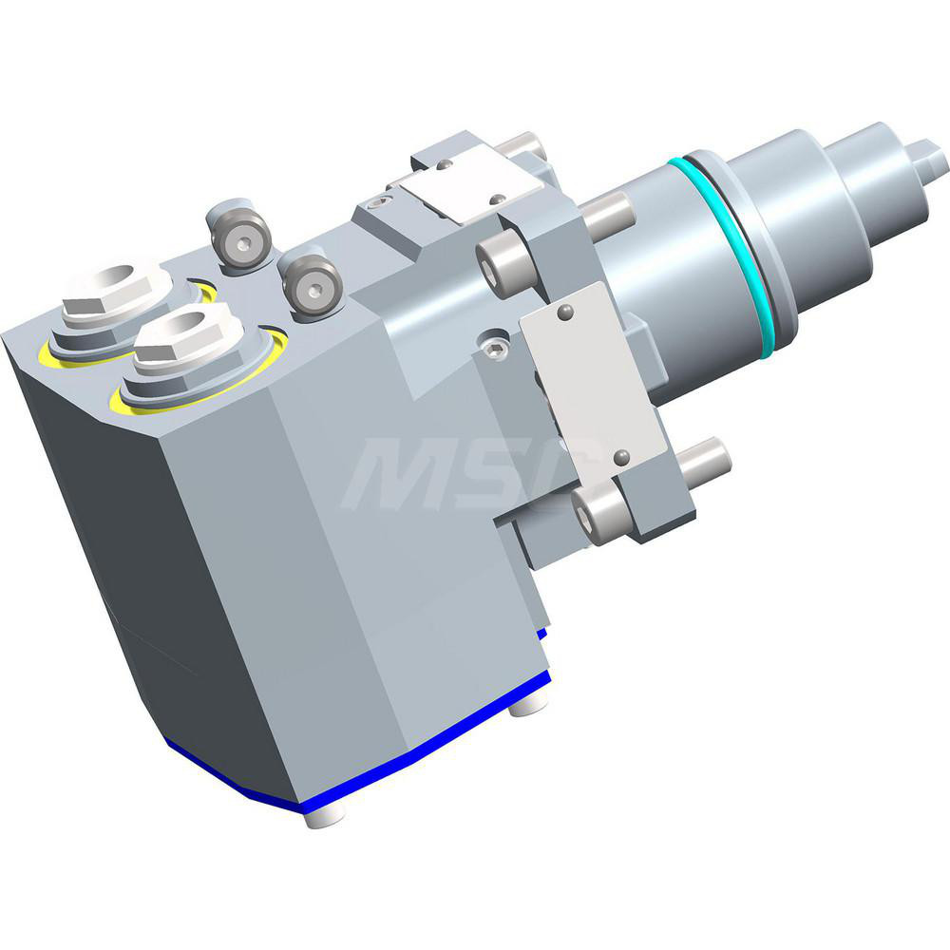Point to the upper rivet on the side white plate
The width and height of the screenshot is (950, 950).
(565, 311)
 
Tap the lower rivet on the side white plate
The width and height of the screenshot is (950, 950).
(622, 458)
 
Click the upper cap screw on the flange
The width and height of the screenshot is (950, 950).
(498, 262)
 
